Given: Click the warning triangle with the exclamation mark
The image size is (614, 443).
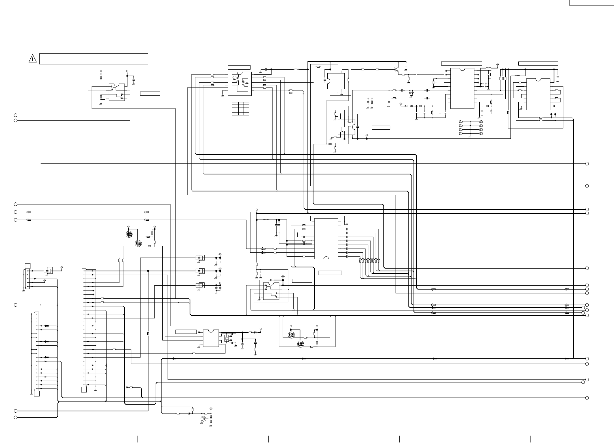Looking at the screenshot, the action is click(x=33, y=59).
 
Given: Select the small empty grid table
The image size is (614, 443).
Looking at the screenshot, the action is click(x=240, y=109).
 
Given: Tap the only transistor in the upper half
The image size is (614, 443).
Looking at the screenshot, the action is click(x=397, y=70).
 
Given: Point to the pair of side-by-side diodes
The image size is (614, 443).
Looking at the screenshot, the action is click(x=411, y=93).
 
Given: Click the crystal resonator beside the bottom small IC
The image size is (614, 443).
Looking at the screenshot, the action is click(x=226, y=338).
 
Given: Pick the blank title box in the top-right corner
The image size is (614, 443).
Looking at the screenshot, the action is click(x=591, y=3).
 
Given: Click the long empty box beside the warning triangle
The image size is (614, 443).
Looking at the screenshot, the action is click(x=94, y=59).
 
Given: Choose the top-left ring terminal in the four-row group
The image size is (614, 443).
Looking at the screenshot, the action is click(x=460, y=122).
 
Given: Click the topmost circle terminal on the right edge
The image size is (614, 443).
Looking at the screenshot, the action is click(x=587, y=164).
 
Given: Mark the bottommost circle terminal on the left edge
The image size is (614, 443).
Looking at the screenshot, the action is click(x=16, y=418).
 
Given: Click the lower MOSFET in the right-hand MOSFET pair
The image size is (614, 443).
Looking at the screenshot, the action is click(x=301, y=344).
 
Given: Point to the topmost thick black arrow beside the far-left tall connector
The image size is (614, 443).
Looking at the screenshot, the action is click(x=45, y=326).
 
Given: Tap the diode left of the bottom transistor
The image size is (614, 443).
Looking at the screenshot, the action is click(x=189, y=414).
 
